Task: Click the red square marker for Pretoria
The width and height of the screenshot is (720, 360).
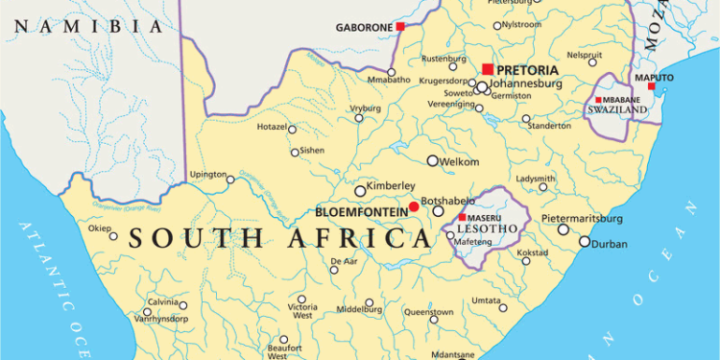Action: coord(488,69)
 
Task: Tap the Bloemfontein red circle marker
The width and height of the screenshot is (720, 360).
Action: coord(414,206)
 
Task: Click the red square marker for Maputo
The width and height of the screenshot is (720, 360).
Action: coord(652,86)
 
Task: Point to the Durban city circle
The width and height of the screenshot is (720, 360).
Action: coord(584,243)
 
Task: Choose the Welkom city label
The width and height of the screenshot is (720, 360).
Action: coord(459,161)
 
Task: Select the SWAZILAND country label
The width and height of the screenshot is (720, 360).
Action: coord(616,110)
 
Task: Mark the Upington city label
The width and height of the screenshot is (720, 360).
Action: coord(207,175)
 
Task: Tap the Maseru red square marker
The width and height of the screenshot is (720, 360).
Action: coord(462,218)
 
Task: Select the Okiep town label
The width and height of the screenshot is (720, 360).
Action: coord(100,228)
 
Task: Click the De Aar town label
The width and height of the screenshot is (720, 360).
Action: coord(344,261)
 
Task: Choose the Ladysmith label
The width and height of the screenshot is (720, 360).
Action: coord(536,179)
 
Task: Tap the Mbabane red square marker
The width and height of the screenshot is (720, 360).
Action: coord(599,100)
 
